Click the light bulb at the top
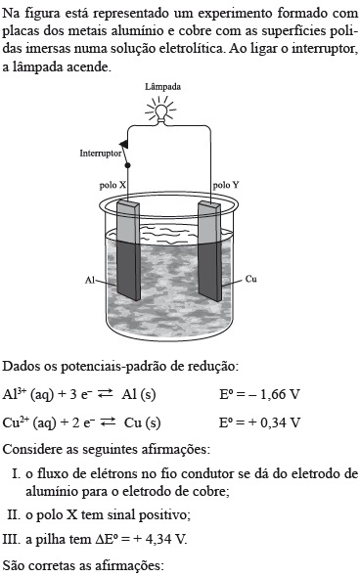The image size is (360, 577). pos(160,111)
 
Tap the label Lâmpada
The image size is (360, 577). pos(162,87)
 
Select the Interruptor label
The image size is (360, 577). pos(101,154)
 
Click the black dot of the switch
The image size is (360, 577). pos(128,165)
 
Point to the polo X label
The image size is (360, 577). pos(112,185)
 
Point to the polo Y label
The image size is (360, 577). pos(226,185)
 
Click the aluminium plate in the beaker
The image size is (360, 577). pos(128,250)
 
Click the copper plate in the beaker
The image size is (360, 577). pos(209,251)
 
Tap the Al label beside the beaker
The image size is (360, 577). pos(90,281)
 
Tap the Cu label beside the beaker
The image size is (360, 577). pos(250,279)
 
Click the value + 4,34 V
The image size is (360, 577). pos(159,540)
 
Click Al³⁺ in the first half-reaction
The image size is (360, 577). pos(15,394)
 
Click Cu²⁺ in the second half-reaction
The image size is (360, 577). pos(17,422)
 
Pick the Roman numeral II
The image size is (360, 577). pos(14,514)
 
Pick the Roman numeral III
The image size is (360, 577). pos(12,540)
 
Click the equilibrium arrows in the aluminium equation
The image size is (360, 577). pos(106,394)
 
